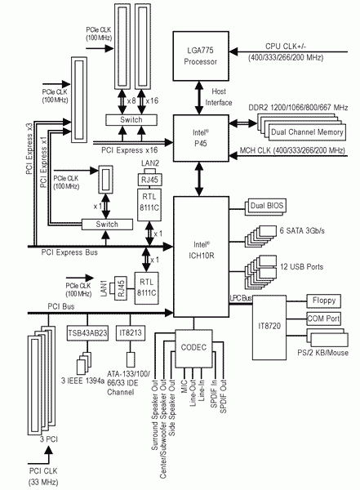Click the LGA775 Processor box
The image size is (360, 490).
tap(201, 56)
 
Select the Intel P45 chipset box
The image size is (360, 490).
tap(201, 138)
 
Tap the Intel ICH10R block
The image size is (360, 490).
tap(202, 256)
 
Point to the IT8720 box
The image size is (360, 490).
tap(269, 327)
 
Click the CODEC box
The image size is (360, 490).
tap(193, 348)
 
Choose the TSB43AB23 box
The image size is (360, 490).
tap(87, 333)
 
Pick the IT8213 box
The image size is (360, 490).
tap(131, 333)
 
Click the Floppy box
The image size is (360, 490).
tap(324, 301)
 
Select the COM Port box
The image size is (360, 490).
tap(324, 318)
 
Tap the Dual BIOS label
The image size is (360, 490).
tap(267, 206)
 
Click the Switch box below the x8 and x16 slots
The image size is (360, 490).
tap(131, 120)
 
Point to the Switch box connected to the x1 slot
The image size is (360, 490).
tap(107, 225)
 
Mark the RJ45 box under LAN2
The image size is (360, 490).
tap(149, 180)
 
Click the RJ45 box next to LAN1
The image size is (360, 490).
tap(121, 288)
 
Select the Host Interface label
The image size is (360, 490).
tap(219, 97)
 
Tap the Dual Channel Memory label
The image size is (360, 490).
tap(307, 132)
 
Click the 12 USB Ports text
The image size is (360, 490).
tap(301, 267)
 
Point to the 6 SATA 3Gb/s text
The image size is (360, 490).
tap(302, 230)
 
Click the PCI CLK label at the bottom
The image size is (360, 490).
tap(43, 471)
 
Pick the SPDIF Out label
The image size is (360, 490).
tap(223, 397)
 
